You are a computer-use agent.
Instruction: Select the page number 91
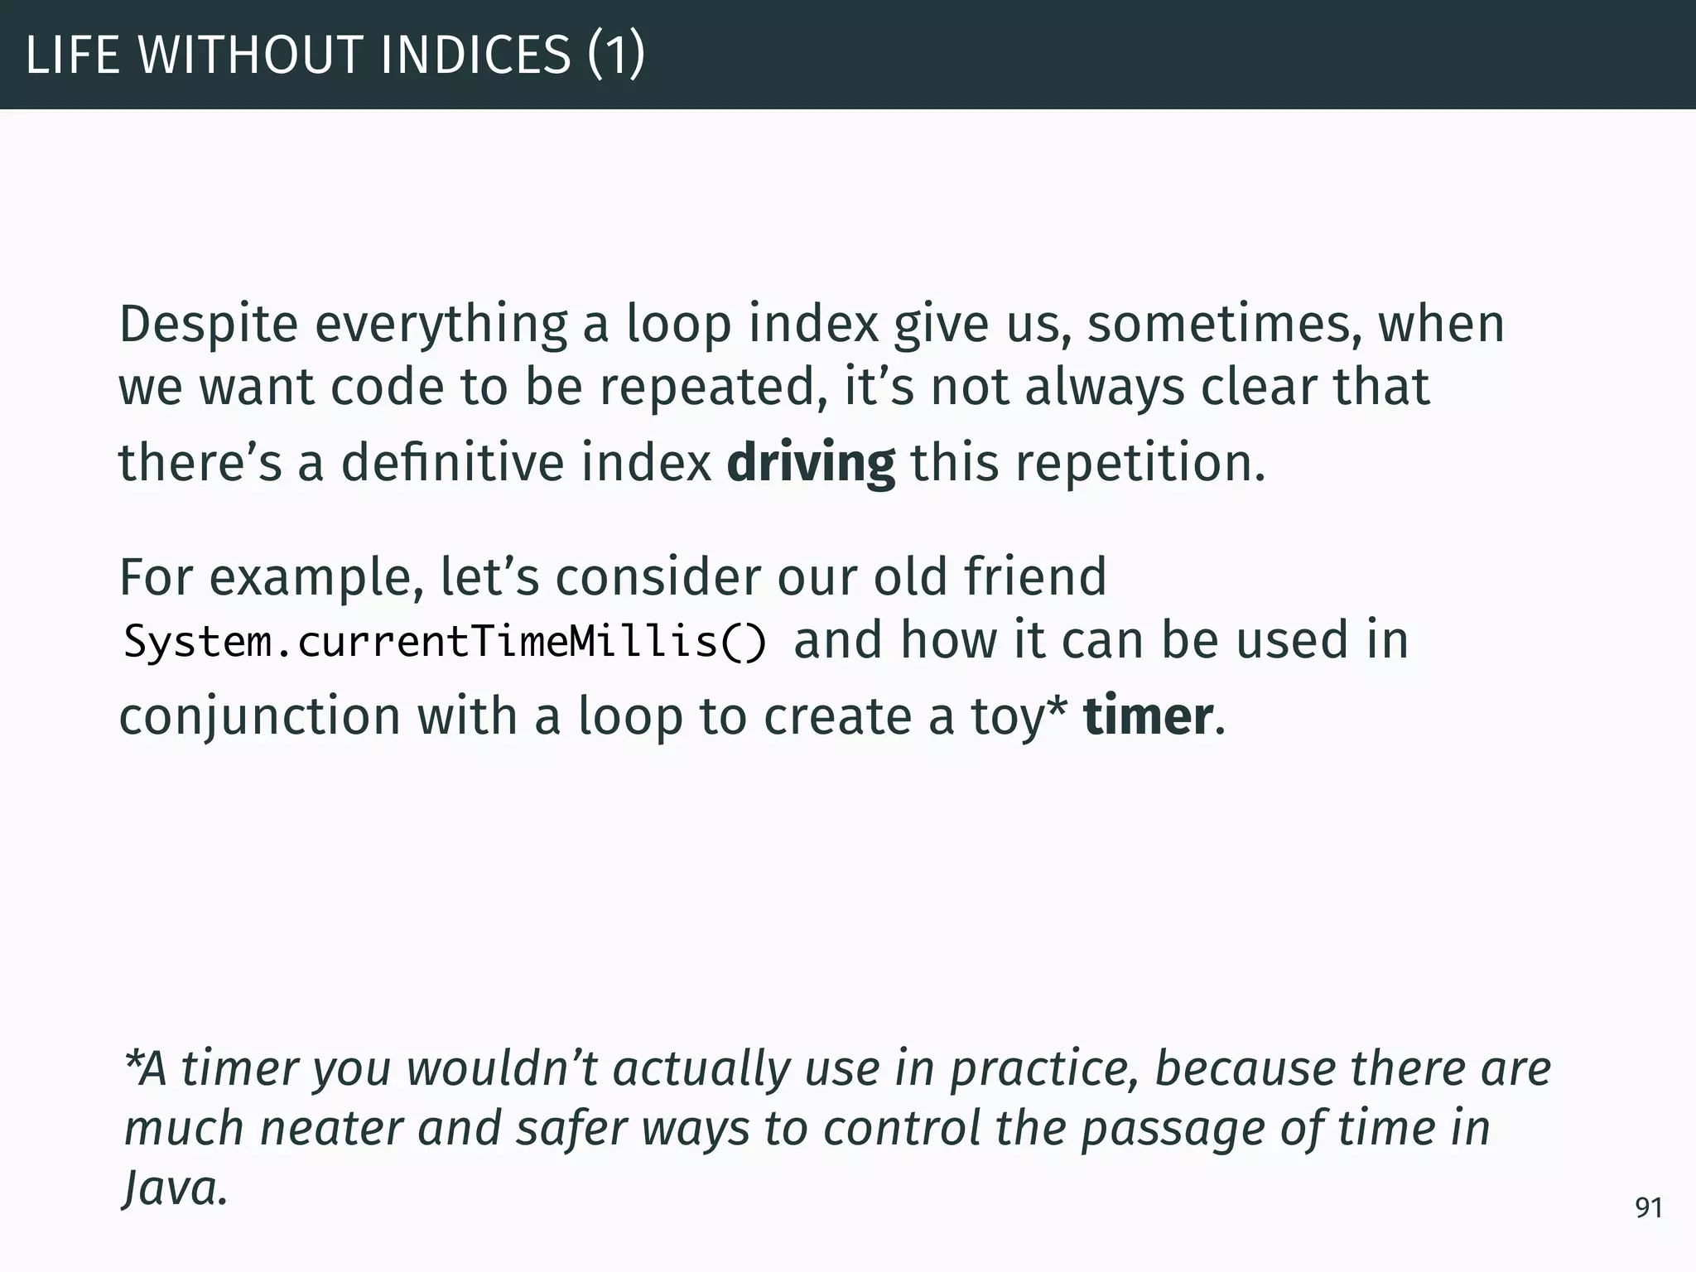pyautogui.click(x=1648, y=1208)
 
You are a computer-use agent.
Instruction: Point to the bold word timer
pyautogui.click(x=1148, y=716)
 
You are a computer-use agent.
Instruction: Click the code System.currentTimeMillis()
pyautogui.click(x=446, y=642)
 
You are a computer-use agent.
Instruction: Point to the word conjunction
pyautogui.click(x=259, y=716)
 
